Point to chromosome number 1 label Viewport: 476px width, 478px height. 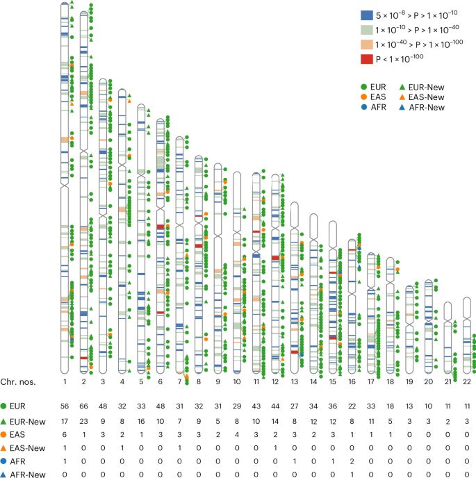coord(64,381)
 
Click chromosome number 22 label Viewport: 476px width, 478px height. coord(466,381)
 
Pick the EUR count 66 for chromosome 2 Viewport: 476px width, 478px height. coord(83,406)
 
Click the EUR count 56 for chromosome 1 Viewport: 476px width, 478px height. coord(64,406)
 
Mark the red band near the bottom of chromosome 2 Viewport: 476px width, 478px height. coord(84,358)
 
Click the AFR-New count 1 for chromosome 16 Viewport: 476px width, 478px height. coord(352,473)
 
